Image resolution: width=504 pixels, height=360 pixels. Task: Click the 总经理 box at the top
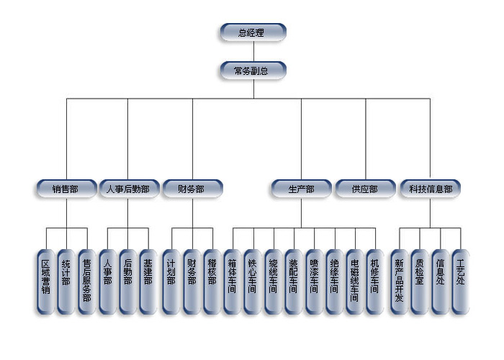click(x=252, y=32)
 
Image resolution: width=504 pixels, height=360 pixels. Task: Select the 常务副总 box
click(x=252, y=71)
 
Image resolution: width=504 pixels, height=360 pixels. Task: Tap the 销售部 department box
click(x=66, y=189)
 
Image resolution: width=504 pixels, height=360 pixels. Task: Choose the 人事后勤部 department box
click(x=127, y=189)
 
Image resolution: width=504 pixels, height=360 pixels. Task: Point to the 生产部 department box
click(x=301, y=189)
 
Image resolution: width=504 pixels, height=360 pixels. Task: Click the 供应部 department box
click(x=365, y=189)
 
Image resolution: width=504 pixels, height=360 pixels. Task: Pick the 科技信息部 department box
click(x=431, y=189)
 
